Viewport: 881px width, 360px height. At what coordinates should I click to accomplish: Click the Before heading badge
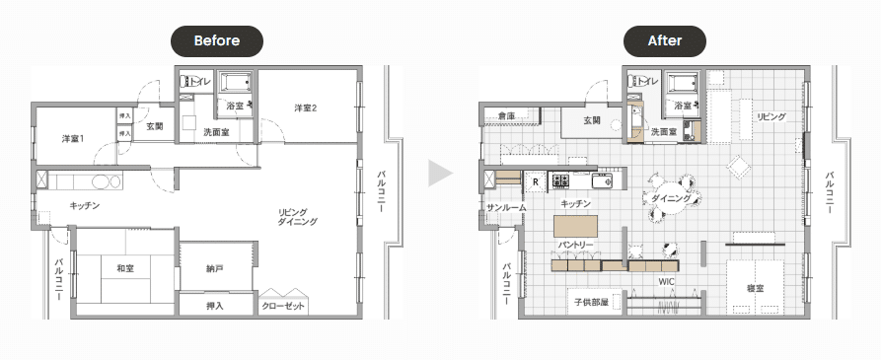(x=217, y=41)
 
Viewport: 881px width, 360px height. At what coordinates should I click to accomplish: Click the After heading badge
(x=665, y=41)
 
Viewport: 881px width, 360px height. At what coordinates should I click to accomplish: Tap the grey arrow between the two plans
(x=440, y=173)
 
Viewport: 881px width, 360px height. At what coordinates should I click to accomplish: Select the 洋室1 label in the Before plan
(x=73, y=138)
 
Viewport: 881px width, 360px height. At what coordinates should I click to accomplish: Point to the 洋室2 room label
(x=306, y=108)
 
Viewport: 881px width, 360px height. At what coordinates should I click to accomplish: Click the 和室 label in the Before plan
(x=125, y=268)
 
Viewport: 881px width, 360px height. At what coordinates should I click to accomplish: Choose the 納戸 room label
(x=215, y=269)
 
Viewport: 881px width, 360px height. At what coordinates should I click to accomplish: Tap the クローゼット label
(x=283, y=306)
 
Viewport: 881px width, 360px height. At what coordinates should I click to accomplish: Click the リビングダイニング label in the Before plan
(x=297, y=217)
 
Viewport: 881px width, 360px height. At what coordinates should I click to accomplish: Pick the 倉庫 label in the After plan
(x=507, y=115)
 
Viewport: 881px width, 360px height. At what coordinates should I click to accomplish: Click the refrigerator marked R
(x=536, y=181)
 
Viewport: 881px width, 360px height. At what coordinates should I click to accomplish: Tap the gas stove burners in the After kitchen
(x=561, y=180)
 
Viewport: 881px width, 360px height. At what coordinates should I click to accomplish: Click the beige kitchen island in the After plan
(x=575, y=226)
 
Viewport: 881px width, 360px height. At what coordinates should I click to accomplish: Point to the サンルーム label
(x=507, y=208)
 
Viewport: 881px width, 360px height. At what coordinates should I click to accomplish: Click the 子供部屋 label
(x=592, y=302)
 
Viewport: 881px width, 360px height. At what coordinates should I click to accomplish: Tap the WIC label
(x=666, y=281)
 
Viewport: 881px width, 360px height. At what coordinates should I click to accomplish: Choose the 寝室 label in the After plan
(x=756, y=288)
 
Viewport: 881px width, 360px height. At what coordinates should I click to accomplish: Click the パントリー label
(x=576, y=246)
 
